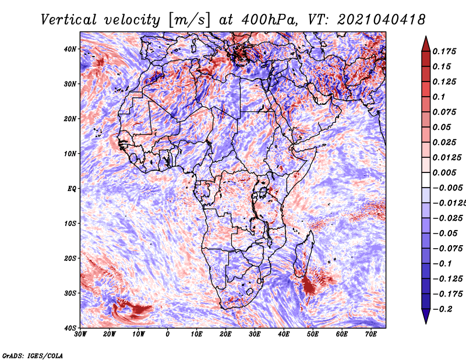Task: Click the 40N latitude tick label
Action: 69,49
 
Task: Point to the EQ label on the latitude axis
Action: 72,189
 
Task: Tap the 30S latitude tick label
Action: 70,293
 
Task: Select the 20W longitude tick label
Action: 109,334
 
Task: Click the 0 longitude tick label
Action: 168,334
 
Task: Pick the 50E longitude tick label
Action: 313,334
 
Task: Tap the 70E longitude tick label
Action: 370,334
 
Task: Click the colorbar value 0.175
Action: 444,52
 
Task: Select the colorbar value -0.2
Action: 442,309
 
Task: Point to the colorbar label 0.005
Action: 444,172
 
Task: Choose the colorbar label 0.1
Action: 439,97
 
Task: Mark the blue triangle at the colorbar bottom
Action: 426,316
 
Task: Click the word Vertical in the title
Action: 69,20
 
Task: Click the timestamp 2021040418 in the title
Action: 382,20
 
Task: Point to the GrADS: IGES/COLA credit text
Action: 33,355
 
